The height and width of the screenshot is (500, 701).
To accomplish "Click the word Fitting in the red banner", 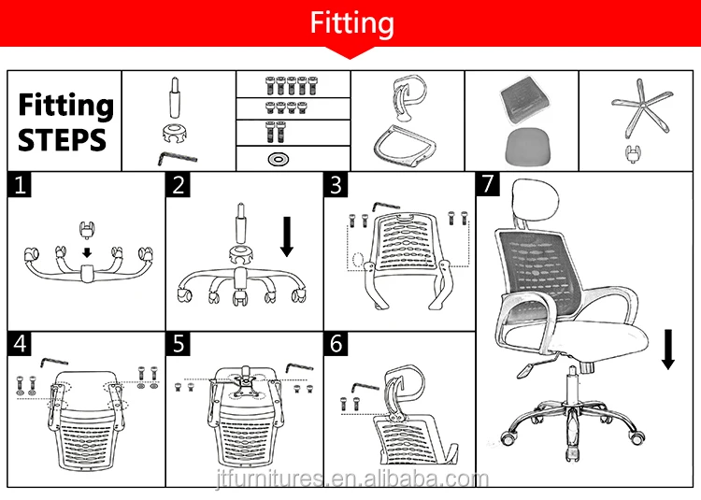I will point(351,22).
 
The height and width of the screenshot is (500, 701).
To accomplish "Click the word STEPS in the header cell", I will point(62,140).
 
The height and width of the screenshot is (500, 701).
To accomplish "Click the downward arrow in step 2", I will point(287,237).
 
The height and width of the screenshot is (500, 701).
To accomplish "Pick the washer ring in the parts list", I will point(278,159).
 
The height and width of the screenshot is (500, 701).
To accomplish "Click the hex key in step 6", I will point(365,385).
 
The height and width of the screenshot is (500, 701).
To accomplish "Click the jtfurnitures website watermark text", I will point(350,479).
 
